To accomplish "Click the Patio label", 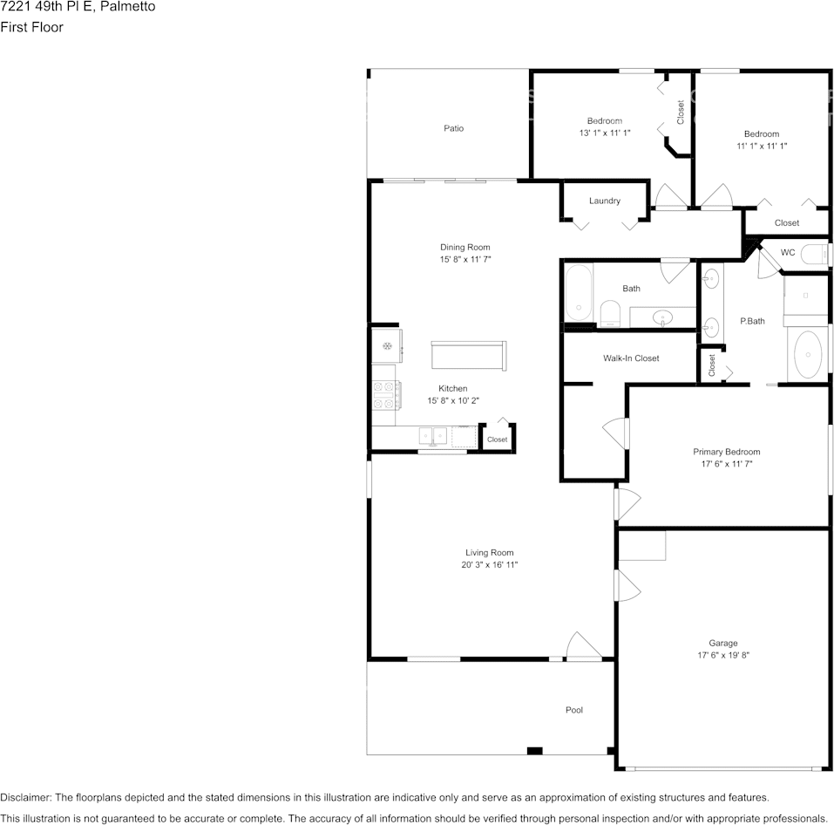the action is pos(454,128).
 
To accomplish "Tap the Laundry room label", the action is pos(605,201).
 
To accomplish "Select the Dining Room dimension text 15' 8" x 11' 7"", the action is pos(465,259).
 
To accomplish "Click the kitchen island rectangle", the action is pos(469,356).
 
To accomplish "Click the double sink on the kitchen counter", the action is pos(433,436).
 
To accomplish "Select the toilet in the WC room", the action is pos(815,254).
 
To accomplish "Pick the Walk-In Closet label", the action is pos(631,358).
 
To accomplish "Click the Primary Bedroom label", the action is pos(727,452).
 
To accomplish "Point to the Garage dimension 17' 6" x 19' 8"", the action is pos(723,655).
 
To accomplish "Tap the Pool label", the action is pos(574,710).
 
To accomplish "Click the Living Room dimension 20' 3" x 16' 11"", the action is pos(490,565).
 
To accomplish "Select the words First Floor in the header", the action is pos(32,27).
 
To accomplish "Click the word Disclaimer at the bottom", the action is pos(25,797).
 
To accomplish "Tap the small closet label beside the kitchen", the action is pos(498,440).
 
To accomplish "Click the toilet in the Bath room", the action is pos(610,313).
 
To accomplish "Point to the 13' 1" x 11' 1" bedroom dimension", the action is pos(605,133).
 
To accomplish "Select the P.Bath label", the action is pos(753,321).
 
